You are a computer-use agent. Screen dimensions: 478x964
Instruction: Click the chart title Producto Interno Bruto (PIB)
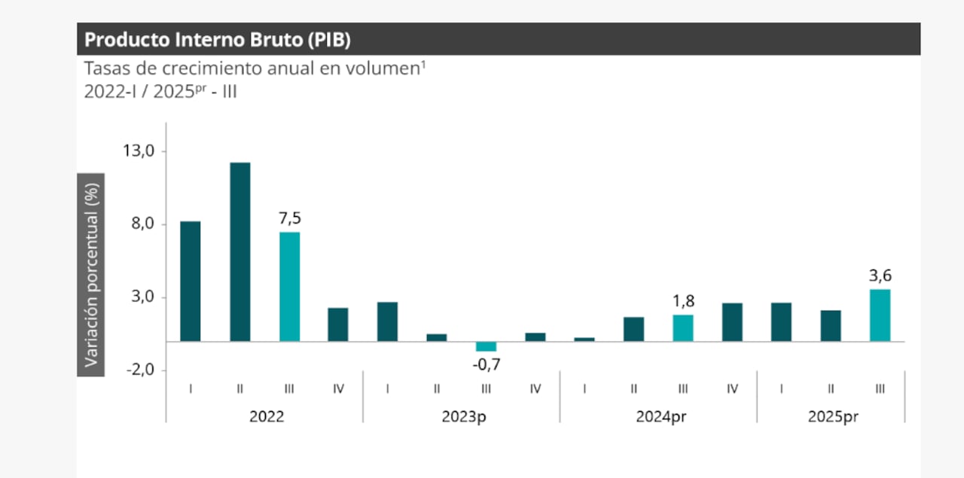click(217, 39)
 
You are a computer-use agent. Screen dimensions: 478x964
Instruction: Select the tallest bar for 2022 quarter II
click(240, 251)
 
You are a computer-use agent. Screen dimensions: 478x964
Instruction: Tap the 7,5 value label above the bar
click(290, 218)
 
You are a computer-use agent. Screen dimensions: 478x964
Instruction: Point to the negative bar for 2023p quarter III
click(487, 346)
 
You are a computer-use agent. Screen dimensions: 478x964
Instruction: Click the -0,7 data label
click(487, 365)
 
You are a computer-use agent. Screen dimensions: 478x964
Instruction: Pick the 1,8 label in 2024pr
click(683, 301)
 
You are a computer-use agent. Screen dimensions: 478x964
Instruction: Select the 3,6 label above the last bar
click(880, 276)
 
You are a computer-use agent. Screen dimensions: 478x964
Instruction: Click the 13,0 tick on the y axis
click(139, 151)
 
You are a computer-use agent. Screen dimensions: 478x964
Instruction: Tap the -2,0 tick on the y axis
click(139, 370)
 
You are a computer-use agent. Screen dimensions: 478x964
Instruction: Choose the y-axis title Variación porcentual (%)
click(91, 274)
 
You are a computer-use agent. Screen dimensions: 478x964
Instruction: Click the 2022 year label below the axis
click(267, 416)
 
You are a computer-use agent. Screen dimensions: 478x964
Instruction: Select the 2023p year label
click(461, 416)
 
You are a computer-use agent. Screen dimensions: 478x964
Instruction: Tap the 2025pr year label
click(832, 416)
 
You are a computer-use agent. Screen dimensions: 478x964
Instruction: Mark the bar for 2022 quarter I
click(191, 281)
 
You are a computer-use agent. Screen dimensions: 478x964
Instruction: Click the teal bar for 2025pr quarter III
click(880, 315)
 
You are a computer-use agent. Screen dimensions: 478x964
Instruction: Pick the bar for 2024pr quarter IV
click(732, 322)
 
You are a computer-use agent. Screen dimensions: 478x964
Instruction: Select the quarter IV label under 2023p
click(535, 388)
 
